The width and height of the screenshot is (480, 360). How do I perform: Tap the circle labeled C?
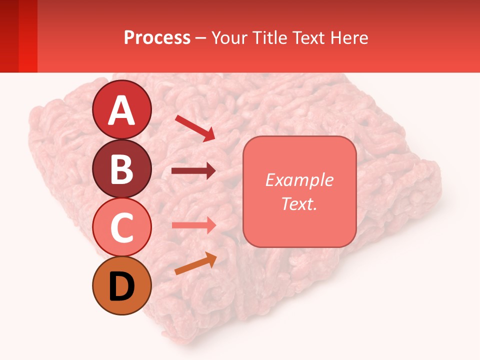click(122, 227)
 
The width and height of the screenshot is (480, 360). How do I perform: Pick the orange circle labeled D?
click(122, 285)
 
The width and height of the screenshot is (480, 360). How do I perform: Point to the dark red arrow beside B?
click(193, 171)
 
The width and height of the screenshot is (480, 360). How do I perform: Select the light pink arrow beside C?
click(194, 225)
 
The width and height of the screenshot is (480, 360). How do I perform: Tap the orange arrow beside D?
click(195, 263)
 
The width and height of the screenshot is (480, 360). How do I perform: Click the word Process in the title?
click(157, 37)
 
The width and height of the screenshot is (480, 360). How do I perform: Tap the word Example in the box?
click(299, 180)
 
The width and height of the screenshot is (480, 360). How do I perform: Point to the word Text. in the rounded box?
click(299, 203)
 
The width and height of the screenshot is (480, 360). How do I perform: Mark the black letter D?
click(122, 286)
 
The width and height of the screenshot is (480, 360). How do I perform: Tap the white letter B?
click(122, 169)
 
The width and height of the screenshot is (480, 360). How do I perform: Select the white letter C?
click(122, 228)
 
